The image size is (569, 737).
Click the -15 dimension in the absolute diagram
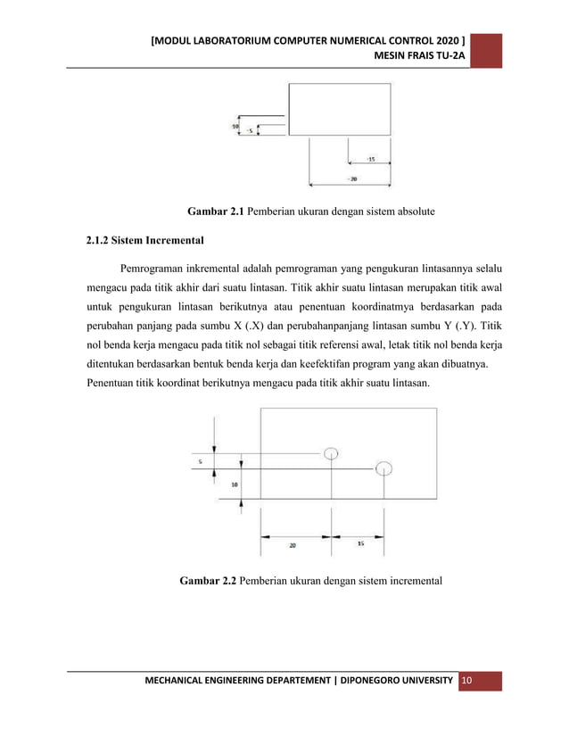pyautogui.click(x=369, y=160)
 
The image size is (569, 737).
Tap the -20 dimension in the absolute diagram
pyautogui.click(x=352, y=179)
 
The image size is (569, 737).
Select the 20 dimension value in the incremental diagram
pyautogui.click(x=293, y=544)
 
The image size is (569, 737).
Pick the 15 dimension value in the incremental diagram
pyautogui.click(x=359, y=542)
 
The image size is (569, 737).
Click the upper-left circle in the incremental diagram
pyautogui.click(x=331, y=452)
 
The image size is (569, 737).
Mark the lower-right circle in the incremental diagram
pyautogui.click(x=383, y=468)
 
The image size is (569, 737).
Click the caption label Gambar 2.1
pyautogui.click(x=214, y=211)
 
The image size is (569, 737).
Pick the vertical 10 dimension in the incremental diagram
pyautogui.click(x=234, y=485)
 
